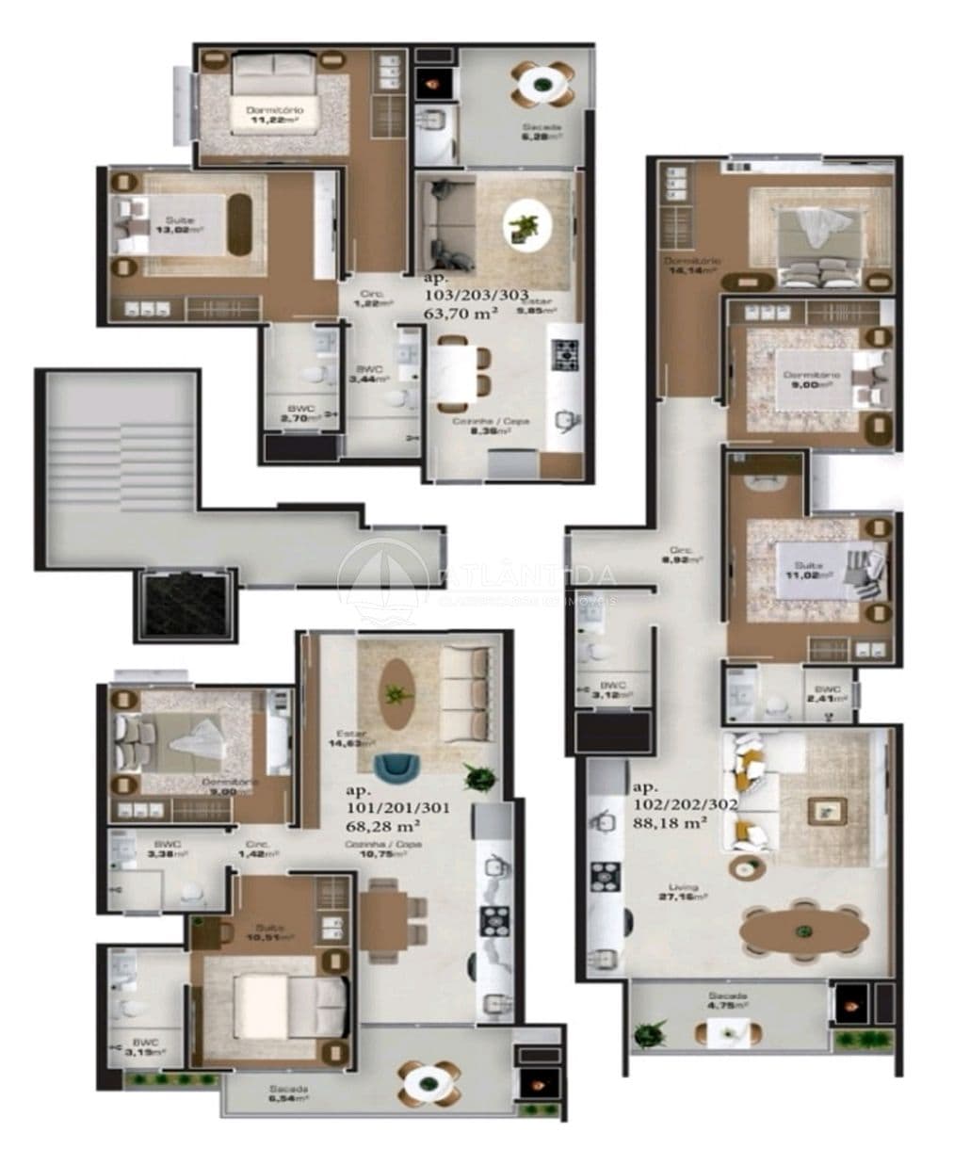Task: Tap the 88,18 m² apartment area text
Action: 669,822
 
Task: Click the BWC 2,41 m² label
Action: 830,695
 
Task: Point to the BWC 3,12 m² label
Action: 615,691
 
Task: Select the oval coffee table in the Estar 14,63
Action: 396,693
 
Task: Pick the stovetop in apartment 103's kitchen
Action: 568,355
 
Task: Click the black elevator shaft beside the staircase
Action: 185,607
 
